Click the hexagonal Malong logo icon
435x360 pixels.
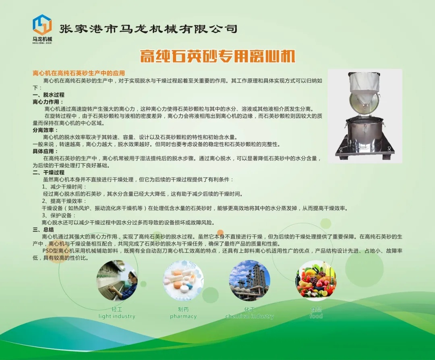[42, 25]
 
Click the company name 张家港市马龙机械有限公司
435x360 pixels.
[148, 29]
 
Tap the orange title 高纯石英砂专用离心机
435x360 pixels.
[217, 56]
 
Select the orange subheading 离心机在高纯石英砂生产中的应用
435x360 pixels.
[79, 73]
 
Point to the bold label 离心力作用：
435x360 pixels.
[48, 102]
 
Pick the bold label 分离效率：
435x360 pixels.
[45, 130]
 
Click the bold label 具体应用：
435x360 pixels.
[45, 151]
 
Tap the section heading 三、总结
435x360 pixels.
[43, 230]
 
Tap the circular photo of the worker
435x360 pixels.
[117, 280]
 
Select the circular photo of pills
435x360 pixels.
[183, 280]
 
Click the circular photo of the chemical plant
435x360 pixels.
[250, 280]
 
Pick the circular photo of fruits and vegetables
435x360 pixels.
[316, 280]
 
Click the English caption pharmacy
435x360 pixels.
[183, 317]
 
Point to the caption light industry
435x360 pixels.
[117, 317]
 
